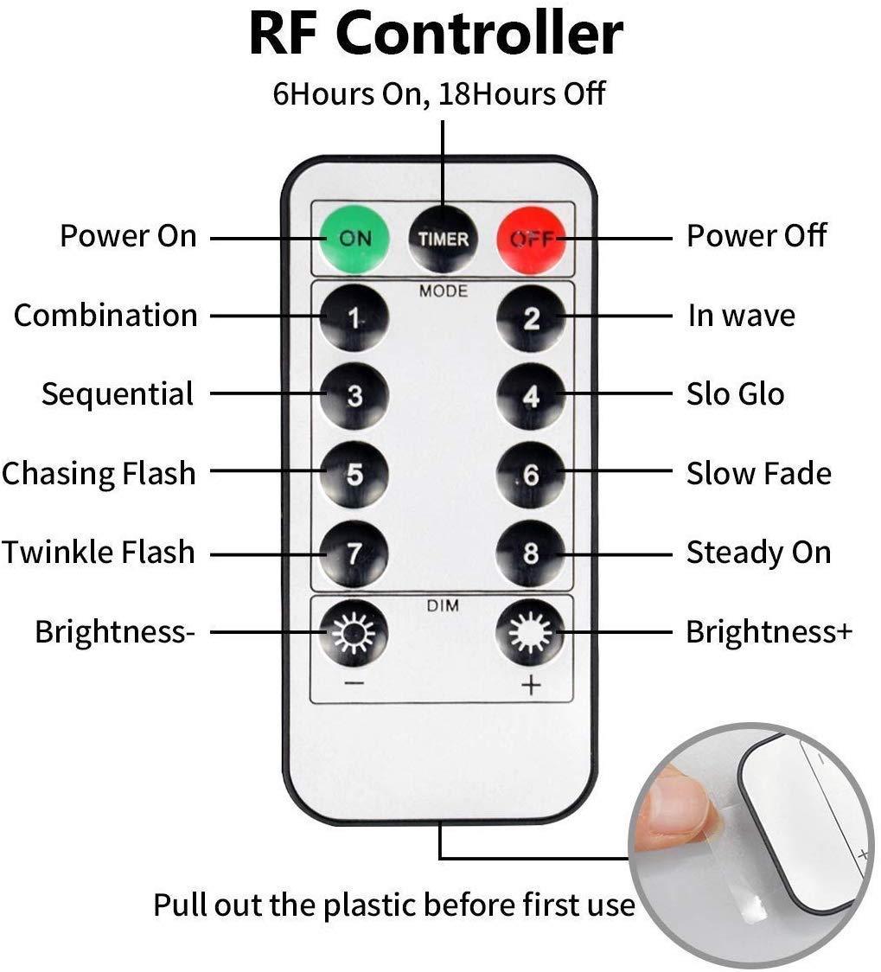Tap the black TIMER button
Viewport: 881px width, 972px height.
click(x=443, y=240)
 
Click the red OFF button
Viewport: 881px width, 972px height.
click(x=531, y=240)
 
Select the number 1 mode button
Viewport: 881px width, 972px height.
click(x=354, y=318)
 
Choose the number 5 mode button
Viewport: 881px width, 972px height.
click(x=354, y=475)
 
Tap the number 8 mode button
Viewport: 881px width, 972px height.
click(x=531, y=553)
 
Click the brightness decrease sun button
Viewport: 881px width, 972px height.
click(x=354, y=633)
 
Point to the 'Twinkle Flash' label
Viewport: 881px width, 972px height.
click(x=99, y=552)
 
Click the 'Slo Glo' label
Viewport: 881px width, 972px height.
click(x=736, y=393)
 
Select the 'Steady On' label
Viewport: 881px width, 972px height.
click(x=759, y=553)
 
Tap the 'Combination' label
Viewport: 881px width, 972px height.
click(x=105, y=315)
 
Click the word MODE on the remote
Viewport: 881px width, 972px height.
click(x=443, y=291)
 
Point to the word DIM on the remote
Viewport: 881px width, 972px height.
click(x=443, y=605)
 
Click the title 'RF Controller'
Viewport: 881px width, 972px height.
click(x=436, y=33)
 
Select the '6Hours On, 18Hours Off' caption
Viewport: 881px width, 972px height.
click(x=438, y=94)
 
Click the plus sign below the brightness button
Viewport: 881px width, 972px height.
click(x=531, y=685)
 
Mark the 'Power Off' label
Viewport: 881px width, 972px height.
click(x=757, y=235)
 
